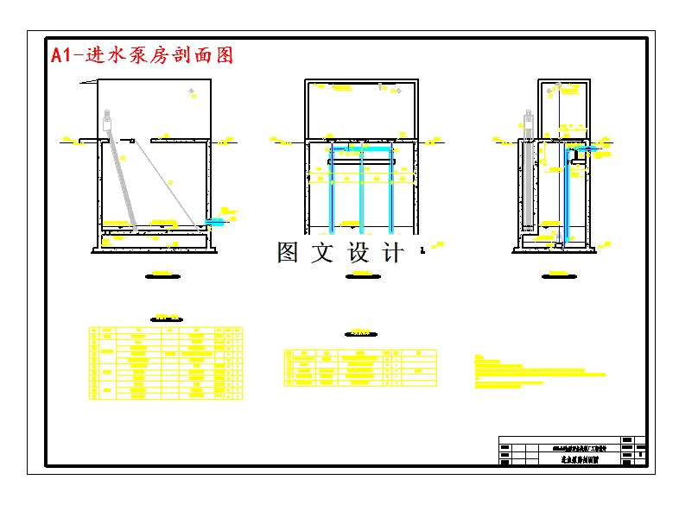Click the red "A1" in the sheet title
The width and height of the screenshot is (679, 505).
coord(62,55)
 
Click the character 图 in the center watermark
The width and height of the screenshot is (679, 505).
coord(288,253)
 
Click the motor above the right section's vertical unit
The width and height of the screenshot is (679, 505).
coord(528,122)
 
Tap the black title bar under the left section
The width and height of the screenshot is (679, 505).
coord(157,276)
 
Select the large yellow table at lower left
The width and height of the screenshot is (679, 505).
coord(165,363)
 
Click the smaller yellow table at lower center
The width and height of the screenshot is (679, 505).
coord(359,367)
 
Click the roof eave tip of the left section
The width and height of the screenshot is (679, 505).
coord(80,83)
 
